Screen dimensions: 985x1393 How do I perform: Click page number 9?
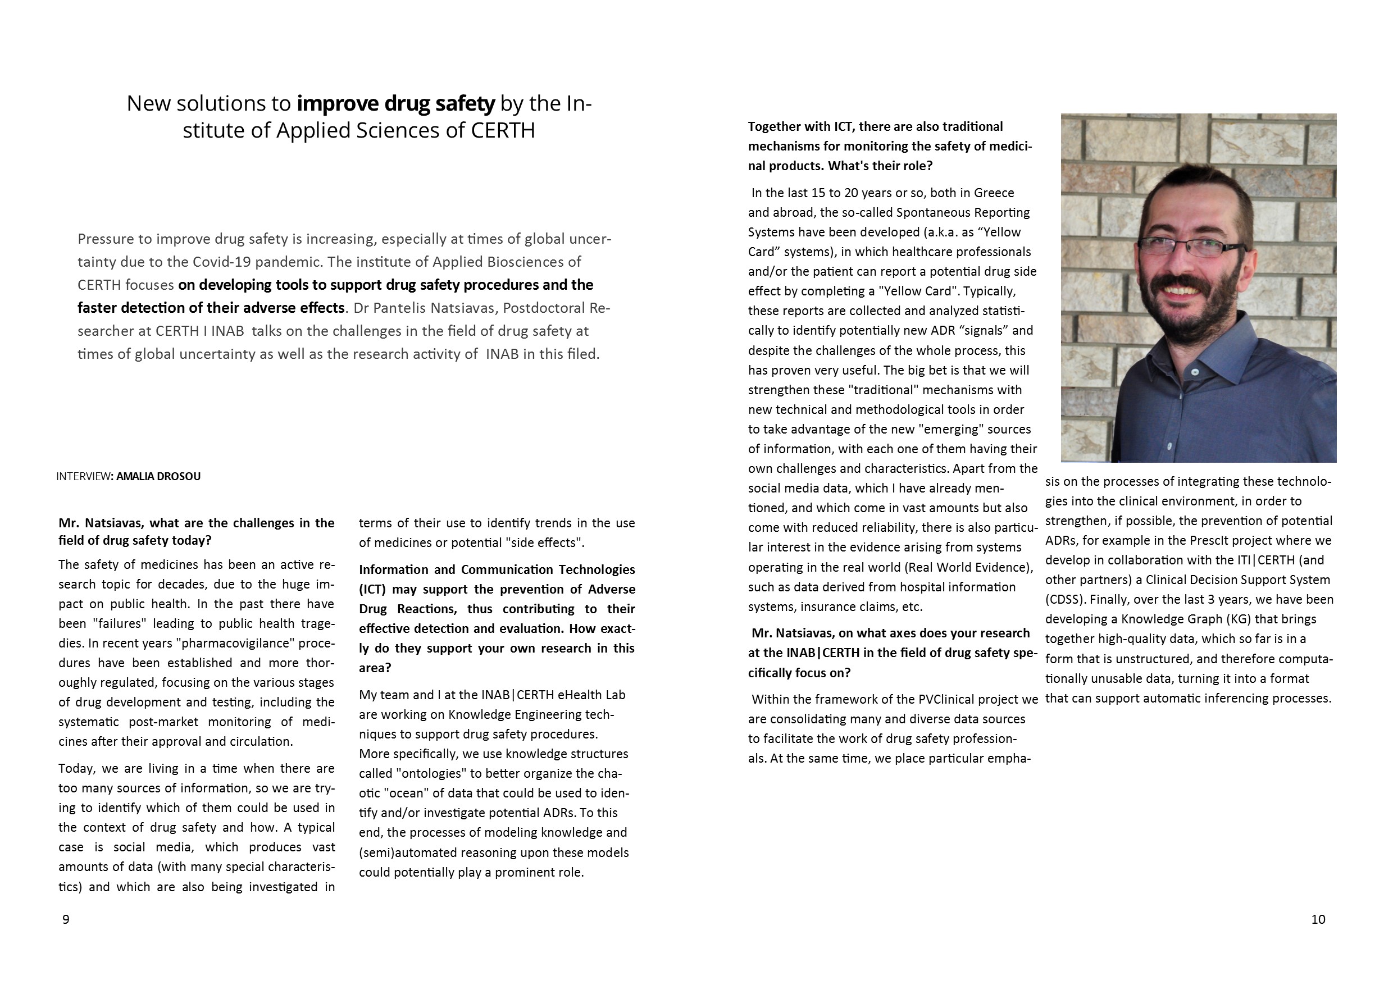[x=66, y=919]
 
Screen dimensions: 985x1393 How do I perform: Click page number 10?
[x=1318, y=919]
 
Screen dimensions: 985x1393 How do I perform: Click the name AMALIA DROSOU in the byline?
[x=158, y=477]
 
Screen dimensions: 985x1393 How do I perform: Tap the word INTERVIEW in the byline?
[x=83, y=477]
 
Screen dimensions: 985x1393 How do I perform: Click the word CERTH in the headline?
[x=503, y=130]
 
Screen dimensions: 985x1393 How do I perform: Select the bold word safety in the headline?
[x=465, y=104]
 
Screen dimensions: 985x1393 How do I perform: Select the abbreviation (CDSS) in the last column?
[x=1063, y=600]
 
